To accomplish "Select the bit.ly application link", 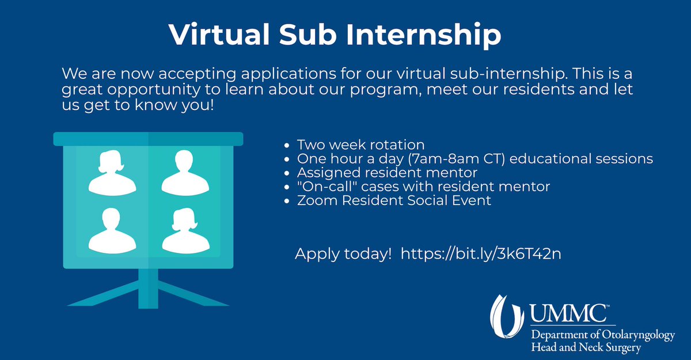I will pos(480,253).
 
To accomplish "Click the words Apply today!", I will pos(343,253).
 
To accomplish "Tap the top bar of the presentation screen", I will pos(148,139).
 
